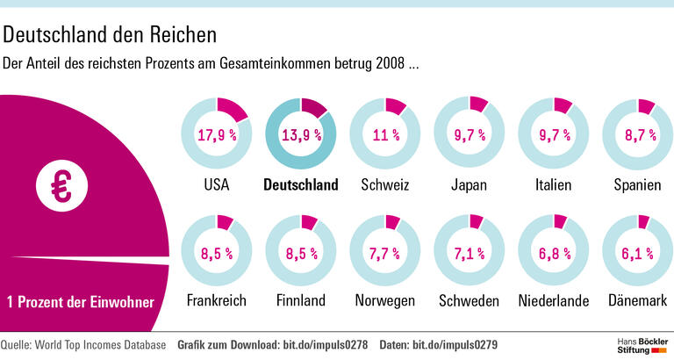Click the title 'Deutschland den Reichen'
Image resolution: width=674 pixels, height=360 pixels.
click(x=111, y=36)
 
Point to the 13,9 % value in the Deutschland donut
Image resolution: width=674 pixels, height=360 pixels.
click(x=300, y=135)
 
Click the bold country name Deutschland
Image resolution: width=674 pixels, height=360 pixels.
click(x=300, y=185)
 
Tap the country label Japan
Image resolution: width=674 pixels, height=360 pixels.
click(x=470, y=185)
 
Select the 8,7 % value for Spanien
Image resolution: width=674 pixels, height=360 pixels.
click(x=639, y=135)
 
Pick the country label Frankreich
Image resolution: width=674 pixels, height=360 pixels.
click(x=216, y=301)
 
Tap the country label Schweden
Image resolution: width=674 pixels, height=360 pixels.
click(x=470, y=301)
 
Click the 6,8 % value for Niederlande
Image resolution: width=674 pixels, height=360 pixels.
click(x=554, y=255)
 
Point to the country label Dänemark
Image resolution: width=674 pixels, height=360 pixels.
click(x=640, y=301)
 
